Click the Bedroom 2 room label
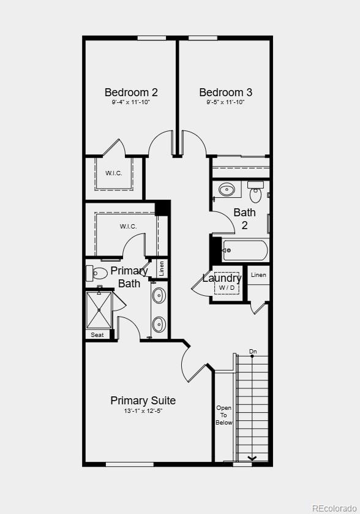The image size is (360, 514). click(131, 93)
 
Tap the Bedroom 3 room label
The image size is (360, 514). click(225, 93)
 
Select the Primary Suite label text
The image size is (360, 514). click(143, 401)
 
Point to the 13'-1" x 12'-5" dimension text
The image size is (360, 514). click(143, 411)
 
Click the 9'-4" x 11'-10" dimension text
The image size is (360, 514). click(131, 102)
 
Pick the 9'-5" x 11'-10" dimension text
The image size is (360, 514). click(225, 102)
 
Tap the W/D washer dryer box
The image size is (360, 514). click(227, 287)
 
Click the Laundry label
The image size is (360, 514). click(222, 278)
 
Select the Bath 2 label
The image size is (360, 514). click(244, 219)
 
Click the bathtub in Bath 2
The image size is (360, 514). click(245, 250)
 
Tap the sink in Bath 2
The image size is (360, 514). click(227, 189)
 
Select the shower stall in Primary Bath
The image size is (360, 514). click(99, 310)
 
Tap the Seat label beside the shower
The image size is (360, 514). click(97, 335)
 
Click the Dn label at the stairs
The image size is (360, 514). click(253, 352)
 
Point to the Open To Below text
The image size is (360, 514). click(224, 415)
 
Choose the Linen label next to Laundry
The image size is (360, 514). click(258, 275)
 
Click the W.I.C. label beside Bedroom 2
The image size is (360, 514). click(113, 173)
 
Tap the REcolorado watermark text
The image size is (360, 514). click(334, 508)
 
